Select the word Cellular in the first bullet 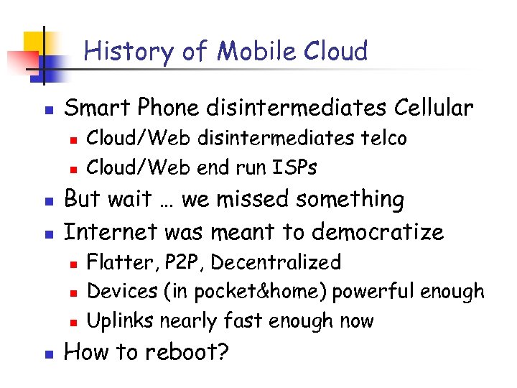coord(434,108)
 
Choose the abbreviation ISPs coord(294,167)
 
